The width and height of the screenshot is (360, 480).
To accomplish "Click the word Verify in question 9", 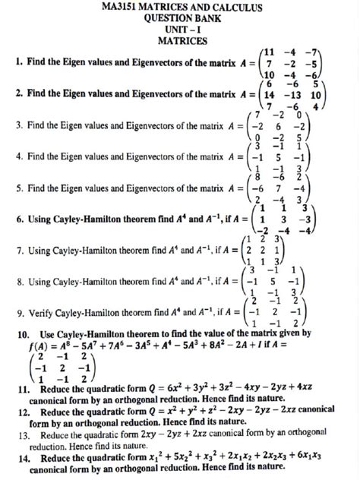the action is [x=42, y=312].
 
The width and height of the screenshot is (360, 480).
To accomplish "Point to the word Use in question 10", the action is [x=47, y=333].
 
